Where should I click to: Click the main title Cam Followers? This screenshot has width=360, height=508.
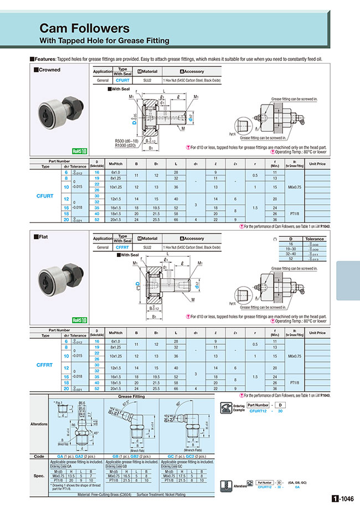[84, 28]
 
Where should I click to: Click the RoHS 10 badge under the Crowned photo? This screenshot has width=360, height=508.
[80, 151]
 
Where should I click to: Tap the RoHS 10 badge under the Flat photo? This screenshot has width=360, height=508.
[80, 319]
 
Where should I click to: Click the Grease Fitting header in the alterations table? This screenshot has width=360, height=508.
[131, 397]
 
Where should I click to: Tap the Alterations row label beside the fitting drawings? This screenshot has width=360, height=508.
[38, 424]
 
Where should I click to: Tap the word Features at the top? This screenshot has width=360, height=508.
[45, 58]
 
